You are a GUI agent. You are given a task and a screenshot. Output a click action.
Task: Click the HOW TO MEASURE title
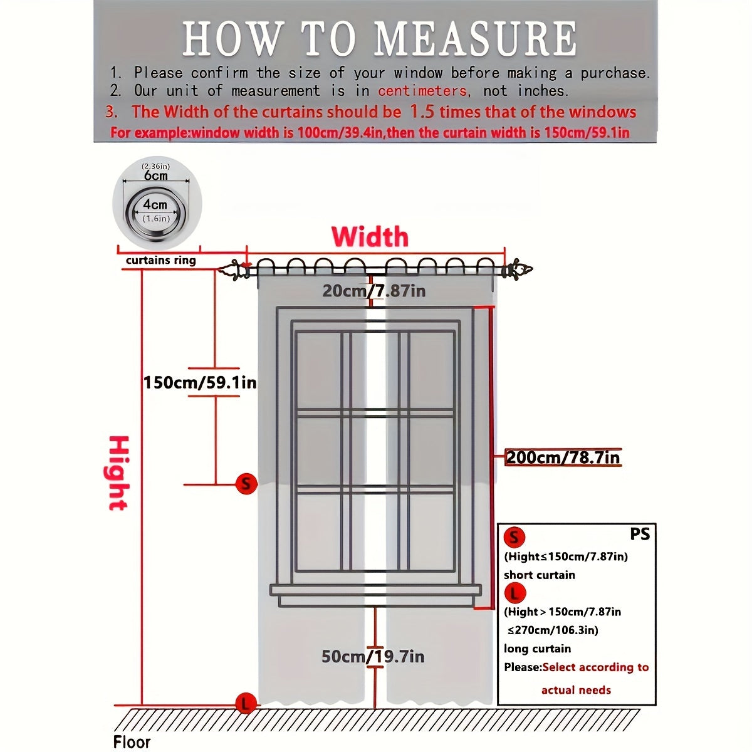point(380,39)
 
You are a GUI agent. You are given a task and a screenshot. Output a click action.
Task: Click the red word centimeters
point(422,91)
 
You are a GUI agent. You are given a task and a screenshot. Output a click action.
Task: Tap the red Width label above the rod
point(370,237)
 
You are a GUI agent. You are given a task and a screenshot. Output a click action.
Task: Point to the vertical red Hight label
point(118,473)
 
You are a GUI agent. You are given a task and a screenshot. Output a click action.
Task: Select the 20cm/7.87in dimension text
point(373,291)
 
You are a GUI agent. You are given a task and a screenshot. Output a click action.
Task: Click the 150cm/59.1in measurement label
point(200,382)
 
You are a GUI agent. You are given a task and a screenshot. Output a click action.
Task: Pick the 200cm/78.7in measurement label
point(563,457)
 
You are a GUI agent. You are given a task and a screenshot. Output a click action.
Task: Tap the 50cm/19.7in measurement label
point(373,656)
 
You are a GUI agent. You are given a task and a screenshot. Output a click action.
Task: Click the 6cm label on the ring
point(156,175)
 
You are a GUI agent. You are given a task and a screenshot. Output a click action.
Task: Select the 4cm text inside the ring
point(155,205)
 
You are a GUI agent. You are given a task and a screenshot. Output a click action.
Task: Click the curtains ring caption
point(161,260)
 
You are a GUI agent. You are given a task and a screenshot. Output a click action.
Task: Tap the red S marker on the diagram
point(246,484)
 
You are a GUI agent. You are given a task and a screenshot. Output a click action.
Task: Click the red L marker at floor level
point(245,703)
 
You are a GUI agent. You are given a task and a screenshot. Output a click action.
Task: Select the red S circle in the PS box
point(514,537)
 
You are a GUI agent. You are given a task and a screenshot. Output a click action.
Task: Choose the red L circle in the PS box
point(514,592)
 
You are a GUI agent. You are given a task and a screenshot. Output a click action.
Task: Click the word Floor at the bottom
point(132,742)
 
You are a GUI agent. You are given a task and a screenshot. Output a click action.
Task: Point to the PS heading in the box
point(640,534)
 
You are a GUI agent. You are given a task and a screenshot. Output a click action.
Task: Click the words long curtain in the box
point(537,649)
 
